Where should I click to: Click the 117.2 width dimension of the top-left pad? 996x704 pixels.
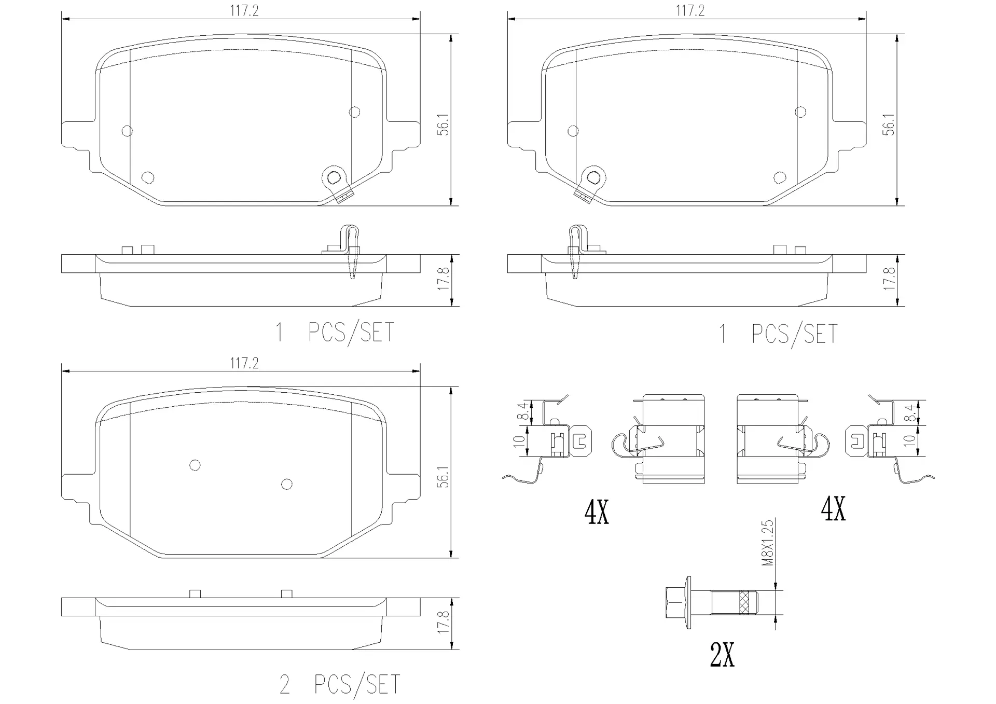point(244,11)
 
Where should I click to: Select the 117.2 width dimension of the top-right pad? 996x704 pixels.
point(690,11)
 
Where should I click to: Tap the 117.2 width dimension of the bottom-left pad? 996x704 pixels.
point(244,363)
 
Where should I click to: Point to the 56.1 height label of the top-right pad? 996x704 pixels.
point(889,125)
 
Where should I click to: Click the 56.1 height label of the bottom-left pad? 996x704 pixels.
point(443,477)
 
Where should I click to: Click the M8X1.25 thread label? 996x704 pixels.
point(768,542)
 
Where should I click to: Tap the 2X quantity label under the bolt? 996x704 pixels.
point(722,656)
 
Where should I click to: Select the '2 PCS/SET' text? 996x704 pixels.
point(340,685)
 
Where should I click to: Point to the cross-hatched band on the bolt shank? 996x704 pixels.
point(744,602)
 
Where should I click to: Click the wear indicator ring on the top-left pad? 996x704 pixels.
point(333,177)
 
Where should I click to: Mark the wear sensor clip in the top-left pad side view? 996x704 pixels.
point(351,252)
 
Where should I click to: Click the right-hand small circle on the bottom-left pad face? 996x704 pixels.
point(286,484)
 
